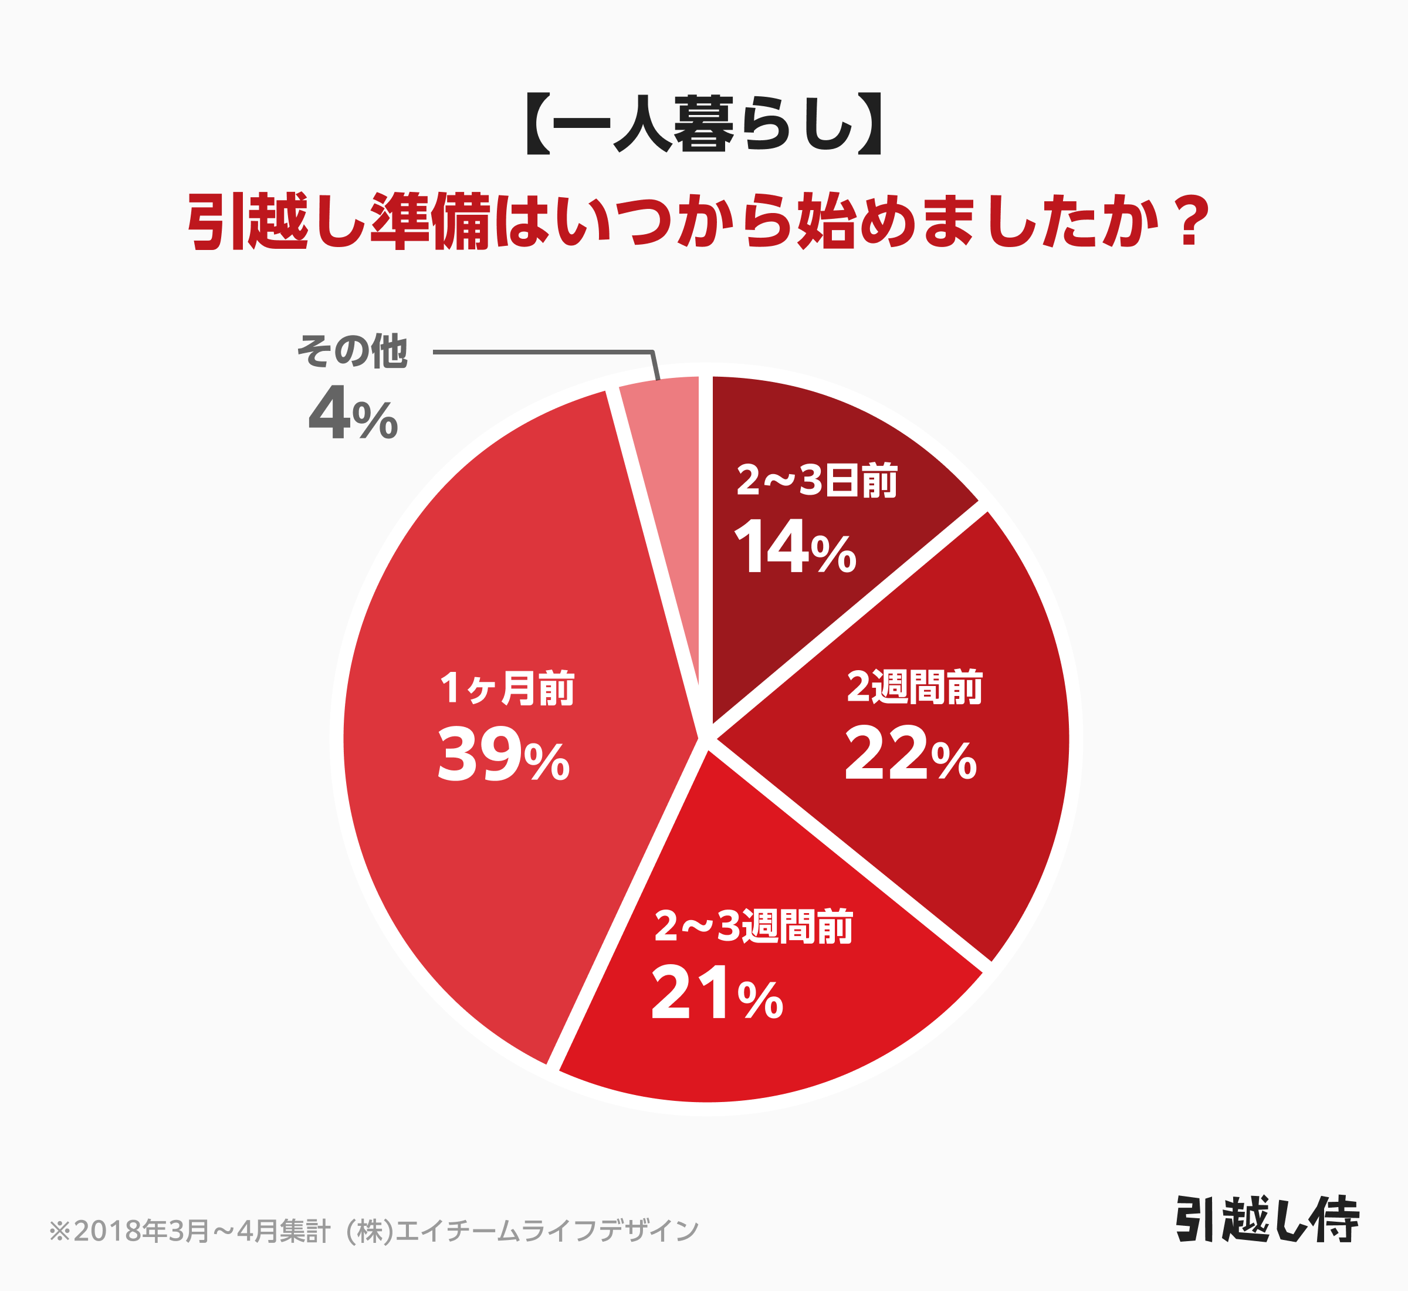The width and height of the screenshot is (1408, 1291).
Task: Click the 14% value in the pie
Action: click(x=795, y=549)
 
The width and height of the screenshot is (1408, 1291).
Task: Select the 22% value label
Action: click(x=910, y=755)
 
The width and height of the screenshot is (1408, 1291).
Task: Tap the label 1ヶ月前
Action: click(x=507, y=688)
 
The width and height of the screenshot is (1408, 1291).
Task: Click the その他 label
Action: click(x=352, y=351)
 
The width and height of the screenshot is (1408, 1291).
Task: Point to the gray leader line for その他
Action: click(x=545, y=352)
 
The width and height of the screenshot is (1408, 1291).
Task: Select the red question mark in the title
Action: click(x=1192, y=222)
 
